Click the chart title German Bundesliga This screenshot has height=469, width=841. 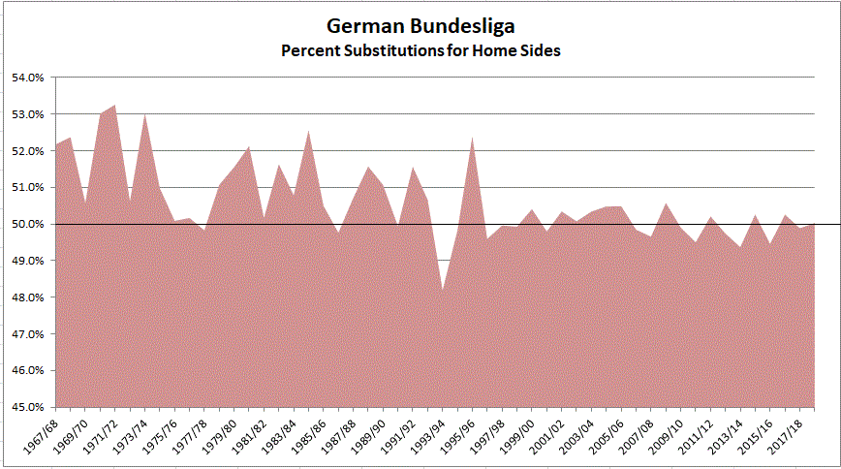tap(420, 26)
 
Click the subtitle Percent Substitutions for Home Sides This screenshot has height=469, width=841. tap(420, 50)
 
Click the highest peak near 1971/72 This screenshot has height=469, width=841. tap(115, 105)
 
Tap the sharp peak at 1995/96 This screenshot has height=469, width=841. tap(472, 137)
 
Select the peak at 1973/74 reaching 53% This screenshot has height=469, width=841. tap(144, 114)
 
